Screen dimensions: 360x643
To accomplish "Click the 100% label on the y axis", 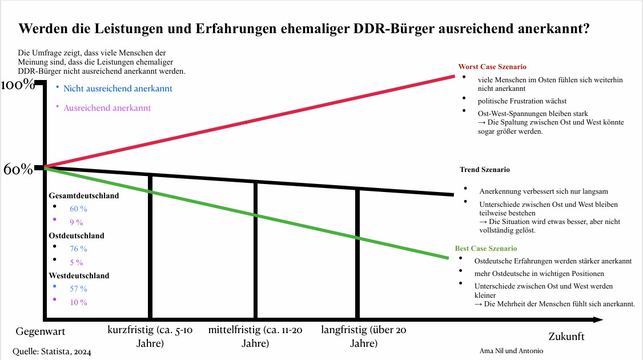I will click(x=18, y=85).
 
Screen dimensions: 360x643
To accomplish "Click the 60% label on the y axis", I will click(x=18, y=170).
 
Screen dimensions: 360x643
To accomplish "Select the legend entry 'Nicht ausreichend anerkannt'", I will click(x=118, y=89).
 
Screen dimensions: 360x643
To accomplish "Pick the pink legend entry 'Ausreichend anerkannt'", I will click(x=107, y=107).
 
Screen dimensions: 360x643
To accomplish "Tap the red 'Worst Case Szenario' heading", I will click(x=492, y=67).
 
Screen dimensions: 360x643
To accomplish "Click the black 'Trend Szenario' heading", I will click(x=484, y=170).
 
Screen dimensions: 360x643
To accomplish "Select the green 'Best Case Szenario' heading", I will click(x=485, y=249).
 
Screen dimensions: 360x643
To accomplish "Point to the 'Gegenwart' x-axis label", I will click(x=40, y=331).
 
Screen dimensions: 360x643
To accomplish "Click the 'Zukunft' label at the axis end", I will click(x=566, y=336).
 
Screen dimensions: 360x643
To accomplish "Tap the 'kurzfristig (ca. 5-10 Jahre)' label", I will click(x=150, y=337).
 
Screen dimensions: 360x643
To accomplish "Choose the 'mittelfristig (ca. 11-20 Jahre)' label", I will click(x=255, y=337).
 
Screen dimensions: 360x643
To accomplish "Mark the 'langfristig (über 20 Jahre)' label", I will click(x=364, y=337).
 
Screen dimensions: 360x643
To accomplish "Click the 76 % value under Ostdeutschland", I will click(x=78, y=249).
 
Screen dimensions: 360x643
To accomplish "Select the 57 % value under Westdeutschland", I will click(x=78, y=289).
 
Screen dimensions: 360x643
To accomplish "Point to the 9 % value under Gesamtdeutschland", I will click(x=77, y=222).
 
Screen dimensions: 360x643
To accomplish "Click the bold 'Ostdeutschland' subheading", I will click(x=77, y=235).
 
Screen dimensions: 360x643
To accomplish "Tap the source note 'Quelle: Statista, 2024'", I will click(x=52, y=351).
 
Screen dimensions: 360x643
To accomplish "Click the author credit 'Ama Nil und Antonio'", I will click(x=512, y=350).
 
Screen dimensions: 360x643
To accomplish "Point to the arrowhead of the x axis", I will click(x=597, y=319).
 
